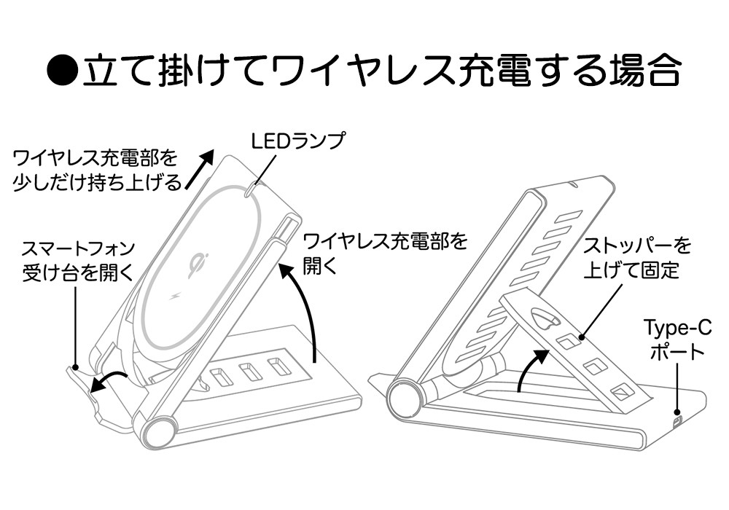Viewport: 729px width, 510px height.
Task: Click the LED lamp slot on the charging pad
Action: [x=250, y=189]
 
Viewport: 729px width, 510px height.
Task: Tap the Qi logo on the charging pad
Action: [x=196, y=263]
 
